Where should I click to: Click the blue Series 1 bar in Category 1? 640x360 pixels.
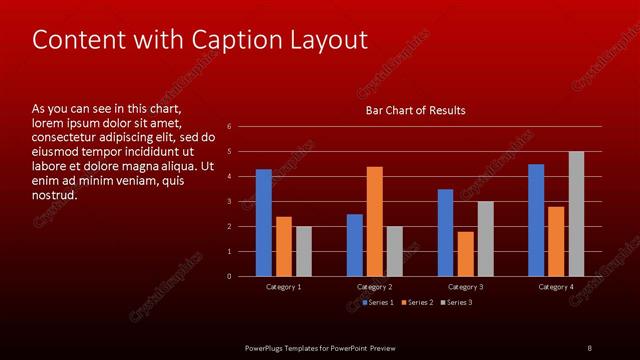263,222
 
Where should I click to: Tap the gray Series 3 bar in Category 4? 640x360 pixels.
576,214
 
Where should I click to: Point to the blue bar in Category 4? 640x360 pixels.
536,220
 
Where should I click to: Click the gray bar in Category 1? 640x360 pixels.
303,251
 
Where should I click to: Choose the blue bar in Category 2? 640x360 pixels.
355,245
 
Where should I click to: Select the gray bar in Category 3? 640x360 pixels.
485,238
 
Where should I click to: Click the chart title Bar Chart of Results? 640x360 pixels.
414,110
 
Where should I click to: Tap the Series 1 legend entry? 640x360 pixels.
377,302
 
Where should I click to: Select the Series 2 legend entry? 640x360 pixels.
415,302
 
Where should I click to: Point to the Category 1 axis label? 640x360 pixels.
284,287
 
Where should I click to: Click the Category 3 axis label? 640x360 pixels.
465,287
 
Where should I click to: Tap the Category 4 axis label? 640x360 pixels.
556,287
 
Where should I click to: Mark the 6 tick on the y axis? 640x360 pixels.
229,127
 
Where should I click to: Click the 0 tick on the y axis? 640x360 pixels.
229,276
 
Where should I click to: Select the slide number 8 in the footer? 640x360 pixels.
589,347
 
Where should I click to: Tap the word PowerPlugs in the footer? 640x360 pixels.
268,347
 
